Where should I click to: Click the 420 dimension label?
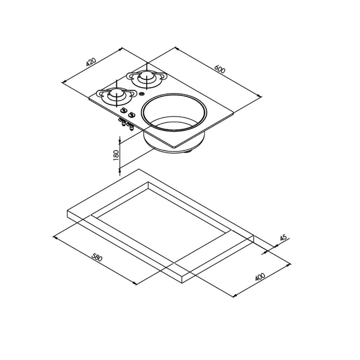click(x=91, y=62)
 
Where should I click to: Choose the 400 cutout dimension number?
click(x=260, y=277)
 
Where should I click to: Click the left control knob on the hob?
click(x=123, y=110)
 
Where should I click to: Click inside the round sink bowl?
click(x=174, y=114)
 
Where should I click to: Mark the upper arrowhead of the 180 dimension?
click(x=120, y=142)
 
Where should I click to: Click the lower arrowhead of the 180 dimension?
click(x=120, y=170)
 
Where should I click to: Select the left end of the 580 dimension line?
click(x=54, y=237)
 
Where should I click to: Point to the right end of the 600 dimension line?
click(x=260, y=97)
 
